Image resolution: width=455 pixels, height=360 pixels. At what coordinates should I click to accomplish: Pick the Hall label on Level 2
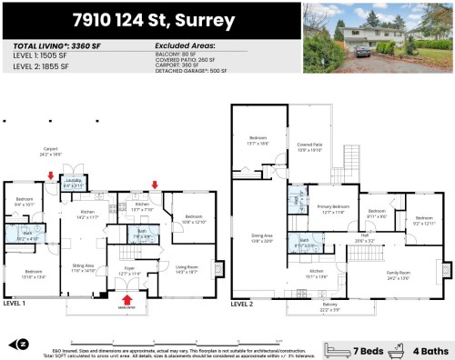[x=364, y=238]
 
